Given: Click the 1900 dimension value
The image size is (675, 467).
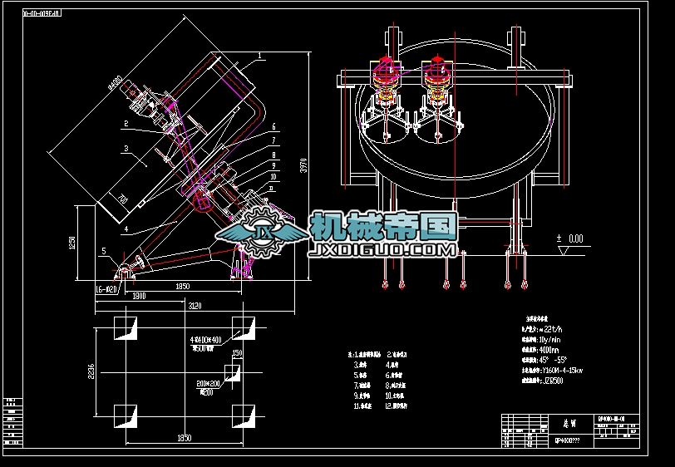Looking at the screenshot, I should pos(140,296).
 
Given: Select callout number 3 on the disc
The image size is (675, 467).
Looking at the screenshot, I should pos(124,149).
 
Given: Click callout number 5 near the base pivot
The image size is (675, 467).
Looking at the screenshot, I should pos(103,250).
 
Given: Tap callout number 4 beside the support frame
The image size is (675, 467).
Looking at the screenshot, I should pos(124,227).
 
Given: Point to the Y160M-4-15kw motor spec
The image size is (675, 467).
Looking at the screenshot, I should pos(563,371).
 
